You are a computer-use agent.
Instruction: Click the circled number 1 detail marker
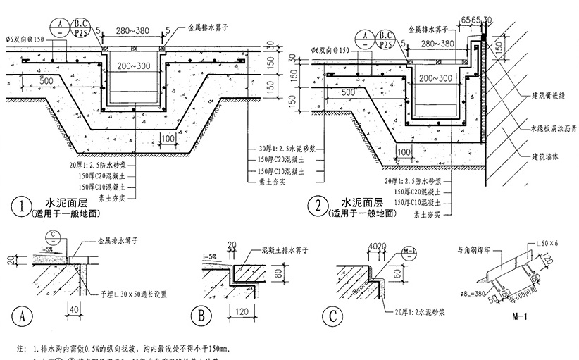pyautogui.click(x=22, y=208)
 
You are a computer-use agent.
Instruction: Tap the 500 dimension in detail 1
pyautogui.click(x=47, y=81)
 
